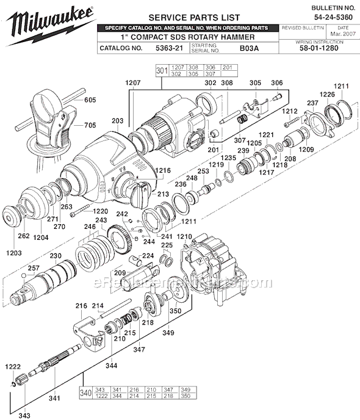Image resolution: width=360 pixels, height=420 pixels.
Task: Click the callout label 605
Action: (90, 99)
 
